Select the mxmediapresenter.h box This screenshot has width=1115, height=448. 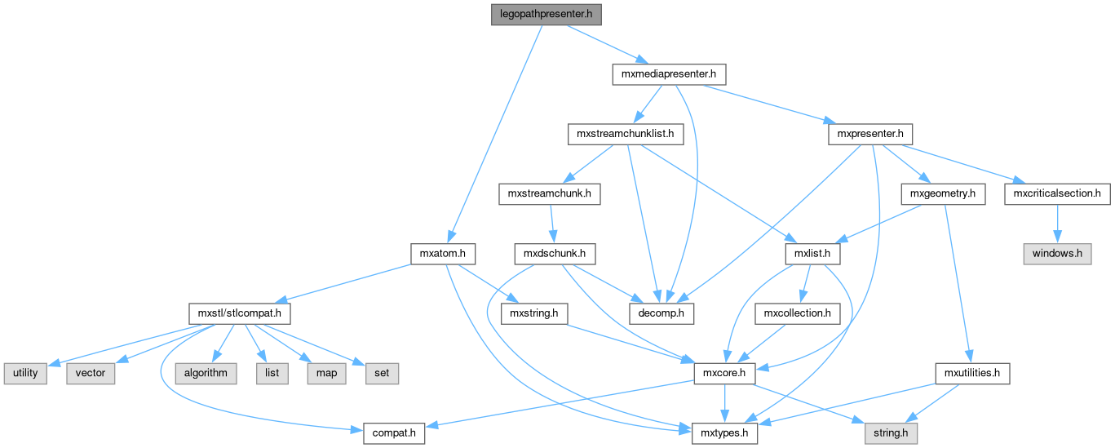click(668, 74)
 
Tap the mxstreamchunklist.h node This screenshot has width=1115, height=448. click(625, 134)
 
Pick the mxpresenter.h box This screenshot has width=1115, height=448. click(869, 134)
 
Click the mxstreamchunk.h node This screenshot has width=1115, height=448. click(549, 194)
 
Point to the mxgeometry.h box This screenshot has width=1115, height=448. click(943, 194)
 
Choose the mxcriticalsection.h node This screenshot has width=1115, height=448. click(1057, 194)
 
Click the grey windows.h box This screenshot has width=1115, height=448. click(1057, 254)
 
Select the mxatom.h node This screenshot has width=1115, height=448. click(442, 254)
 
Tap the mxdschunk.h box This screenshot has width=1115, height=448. click(554, 254)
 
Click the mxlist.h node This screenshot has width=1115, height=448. click(812, 254)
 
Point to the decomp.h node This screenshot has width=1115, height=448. click(661, 313)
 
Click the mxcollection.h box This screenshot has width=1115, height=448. click(797, 313)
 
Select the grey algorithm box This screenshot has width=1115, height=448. click(205, 373)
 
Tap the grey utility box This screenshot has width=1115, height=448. click(25, 373)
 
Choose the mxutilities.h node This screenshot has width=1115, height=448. click(972, 373)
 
